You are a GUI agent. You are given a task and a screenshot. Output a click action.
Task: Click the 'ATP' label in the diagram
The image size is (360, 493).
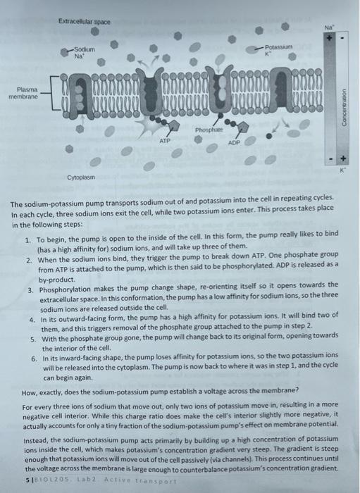(x=164, y=141)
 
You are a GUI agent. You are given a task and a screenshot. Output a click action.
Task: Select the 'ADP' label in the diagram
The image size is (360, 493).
(x=235, y=141)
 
